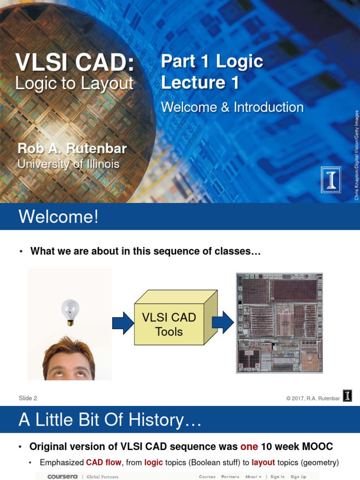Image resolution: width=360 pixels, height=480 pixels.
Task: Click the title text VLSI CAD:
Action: point(75,62)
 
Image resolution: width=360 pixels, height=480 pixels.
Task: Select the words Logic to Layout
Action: point(74,83)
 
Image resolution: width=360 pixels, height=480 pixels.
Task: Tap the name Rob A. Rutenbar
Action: point(72,149)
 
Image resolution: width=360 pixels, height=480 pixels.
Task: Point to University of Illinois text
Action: point(68,164)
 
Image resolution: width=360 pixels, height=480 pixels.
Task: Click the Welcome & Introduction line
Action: point(232,107)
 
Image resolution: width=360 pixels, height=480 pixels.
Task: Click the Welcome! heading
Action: point(59,217)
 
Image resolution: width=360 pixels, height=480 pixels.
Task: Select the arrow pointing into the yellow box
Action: point(123,323)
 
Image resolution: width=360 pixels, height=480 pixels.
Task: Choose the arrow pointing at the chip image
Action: point(223,322)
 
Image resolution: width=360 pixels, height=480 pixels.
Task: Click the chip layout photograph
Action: point(279,323)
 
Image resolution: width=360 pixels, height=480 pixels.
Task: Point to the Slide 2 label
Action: point(28,398)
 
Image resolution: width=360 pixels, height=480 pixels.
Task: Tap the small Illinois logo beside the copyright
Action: point(347,397)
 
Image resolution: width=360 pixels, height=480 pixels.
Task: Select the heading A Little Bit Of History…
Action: point(110,420)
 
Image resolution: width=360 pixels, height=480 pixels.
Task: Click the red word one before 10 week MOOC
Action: point(249,447)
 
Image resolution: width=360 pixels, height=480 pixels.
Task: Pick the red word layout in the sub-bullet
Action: point(263,463)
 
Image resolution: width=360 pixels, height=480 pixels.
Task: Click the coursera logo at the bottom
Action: point(62,477)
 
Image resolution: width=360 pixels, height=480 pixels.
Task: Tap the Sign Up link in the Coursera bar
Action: point(298,477)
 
